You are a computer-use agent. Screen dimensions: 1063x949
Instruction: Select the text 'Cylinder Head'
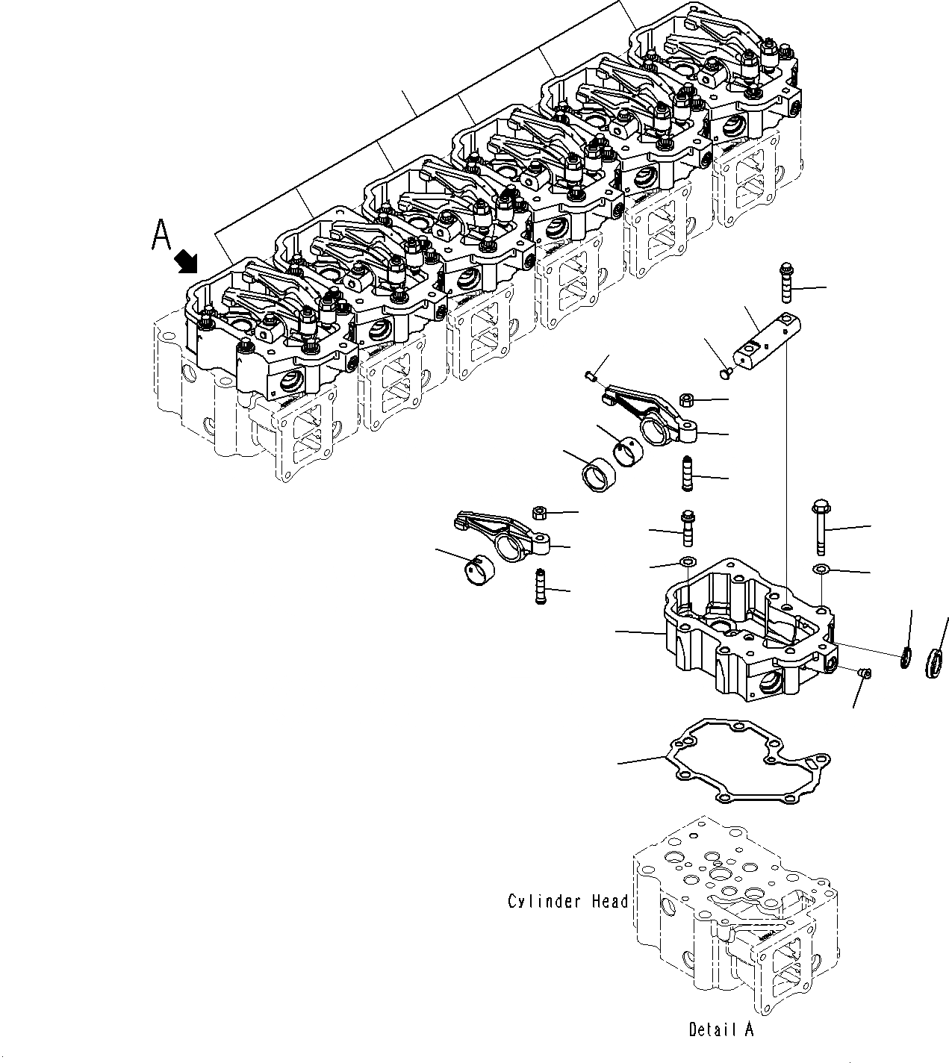click(x=567, y=902)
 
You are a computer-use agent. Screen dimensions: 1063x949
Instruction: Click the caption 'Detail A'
click(x=721, y=1029)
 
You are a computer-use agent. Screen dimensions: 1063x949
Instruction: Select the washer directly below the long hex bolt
click(x=821, y=570)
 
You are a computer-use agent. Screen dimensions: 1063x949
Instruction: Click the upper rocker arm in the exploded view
click(x=653, y=415)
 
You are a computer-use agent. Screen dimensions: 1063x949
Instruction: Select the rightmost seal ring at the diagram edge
click(x=933, y=661)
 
